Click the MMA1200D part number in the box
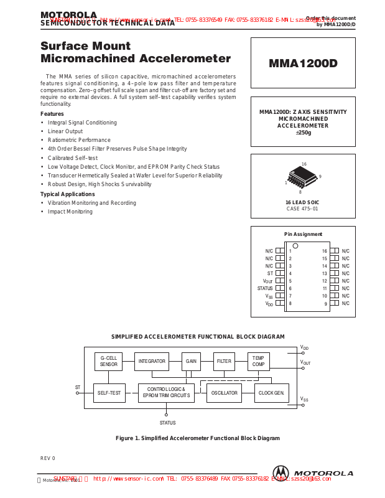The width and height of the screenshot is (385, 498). point(303,63)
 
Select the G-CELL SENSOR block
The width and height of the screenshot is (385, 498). point(109,361)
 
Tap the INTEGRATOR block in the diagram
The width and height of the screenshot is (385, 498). point(152,361)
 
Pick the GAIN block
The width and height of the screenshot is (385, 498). point(191,361)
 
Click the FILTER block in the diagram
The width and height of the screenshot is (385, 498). point(224,361)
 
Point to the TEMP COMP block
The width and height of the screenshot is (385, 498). point(258,361)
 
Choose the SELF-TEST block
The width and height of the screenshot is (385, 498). point(109,393)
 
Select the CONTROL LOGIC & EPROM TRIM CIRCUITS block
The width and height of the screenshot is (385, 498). point(166,393)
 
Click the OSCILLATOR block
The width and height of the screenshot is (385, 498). point(224,393)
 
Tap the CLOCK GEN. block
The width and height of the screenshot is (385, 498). point(272,393)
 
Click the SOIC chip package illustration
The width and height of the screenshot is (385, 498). point(302,178)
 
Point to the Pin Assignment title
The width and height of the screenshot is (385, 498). point(303,234)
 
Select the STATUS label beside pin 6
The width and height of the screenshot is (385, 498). point(265,288)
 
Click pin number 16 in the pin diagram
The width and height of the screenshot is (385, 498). point(325,251)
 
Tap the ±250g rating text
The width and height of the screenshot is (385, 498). point(303,133)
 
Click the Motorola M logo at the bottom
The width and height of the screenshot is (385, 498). point(281,473)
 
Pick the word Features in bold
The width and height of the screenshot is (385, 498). point(52,114)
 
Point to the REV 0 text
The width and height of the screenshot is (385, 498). point(48,458)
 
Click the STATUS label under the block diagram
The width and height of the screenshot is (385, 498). point(167,423)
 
